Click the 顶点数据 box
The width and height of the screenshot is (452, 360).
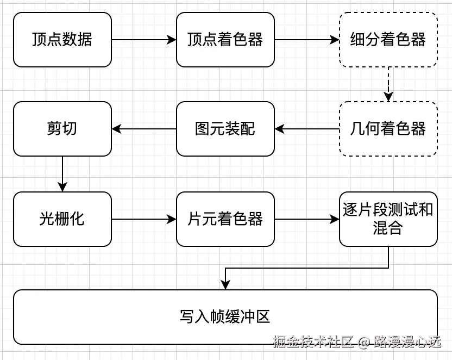tap(62, 40)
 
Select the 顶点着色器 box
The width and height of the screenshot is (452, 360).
tap(225, 40)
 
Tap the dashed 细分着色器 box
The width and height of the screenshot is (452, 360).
tap(388, 40)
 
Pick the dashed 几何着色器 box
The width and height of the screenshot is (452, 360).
tap(388, 129)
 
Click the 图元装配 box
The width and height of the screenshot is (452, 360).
tap(225, 129)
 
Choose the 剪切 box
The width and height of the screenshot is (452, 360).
tap(62, 129)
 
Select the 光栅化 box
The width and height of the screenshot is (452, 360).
tap(62, 219)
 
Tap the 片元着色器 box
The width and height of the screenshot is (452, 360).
tap(225, 219)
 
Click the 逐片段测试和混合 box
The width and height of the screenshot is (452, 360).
tap(388, 219)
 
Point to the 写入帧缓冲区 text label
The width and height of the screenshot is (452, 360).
tap(225, 317)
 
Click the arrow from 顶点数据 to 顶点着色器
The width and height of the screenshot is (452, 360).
tap(144, 40)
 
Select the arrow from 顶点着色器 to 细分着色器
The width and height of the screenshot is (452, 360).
tap(307, 40)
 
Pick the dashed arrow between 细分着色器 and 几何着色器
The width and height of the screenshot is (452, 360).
tap(388, 84)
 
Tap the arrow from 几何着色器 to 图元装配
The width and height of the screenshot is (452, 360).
tap(307, 129)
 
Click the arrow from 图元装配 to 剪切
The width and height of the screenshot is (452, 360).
tap(144, 129)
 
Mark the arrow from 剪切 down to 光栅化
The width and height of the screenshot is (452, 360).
tap(62, 174)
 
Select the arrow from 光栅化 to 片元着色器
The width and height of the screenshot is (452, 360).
tap(144, 219)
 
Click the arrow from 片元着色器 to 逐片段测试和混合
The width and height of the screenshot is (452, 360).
tap(307, 219)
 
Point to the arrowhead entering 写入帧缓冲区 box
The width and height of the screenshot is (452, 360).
tap(225, 284)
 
